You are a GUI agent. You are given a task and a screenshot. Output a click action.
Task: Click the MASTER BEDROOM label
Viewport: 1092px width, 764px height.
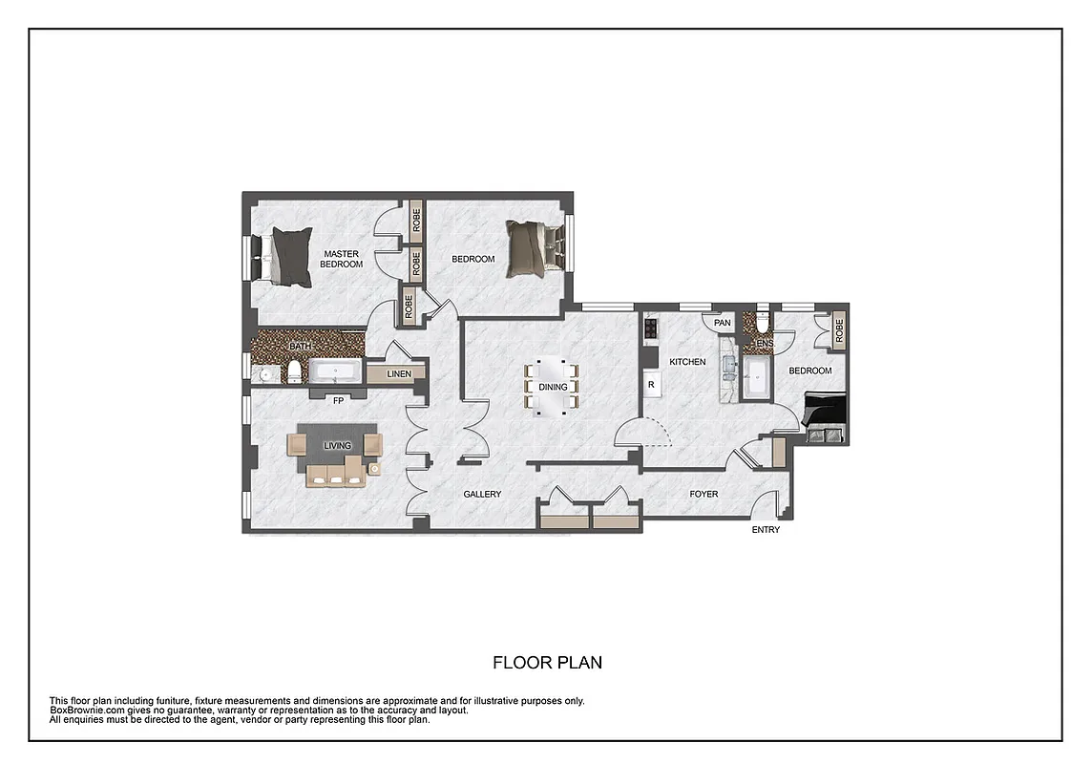[x=341, y=259]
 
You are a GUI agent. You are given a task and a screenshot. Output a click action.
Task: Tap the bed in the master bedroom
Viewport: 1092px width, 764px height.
[x=287, y=256]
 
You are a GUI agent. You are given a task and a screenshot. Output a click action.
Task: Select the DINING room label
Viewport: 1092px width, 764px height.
[x=553, y=387]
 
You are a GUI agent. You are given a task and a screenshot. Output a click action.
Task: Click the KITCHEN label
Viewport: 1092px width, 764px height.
[x=687, y=362]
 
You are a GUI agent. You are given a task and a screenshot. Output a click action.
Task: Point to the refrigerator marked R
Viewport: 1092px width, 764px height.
[x=651, y=384]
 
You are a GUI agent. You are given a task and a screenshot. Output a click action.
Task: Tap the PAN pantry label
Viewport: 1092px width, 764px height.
[x=723, y=323]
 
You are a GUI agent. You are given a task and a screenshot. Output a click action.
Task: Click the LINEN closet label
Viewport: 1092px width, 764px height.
[x=399, y=373]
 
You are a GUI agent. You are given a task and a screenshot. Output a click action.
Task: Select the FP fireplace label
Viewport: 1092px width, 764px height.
[x=337, y=401]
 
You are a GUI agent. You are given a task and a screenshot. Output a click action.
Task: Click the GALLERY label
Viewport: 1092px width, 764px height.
[x=482, y=494]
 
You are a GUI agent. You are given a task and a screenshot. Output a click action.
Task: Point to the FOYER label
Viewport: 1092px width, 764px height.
[x=703, y=494]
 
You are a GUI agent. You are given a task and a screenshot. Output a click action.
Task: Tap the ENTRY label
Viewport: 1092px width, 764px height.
[x=766, y=530]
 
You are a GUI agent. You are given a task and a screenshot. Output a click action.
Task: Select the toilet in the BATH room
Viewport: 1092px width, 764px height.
[x=294, y=371]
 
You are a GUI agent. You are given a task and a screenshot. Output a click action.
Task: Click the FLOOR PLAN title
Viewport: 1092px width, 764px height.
[x=547, y=662]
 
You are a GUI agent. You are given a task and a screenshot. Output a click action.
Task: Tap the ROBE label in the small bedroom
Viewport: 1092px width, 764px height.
[x=839, y=329]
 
